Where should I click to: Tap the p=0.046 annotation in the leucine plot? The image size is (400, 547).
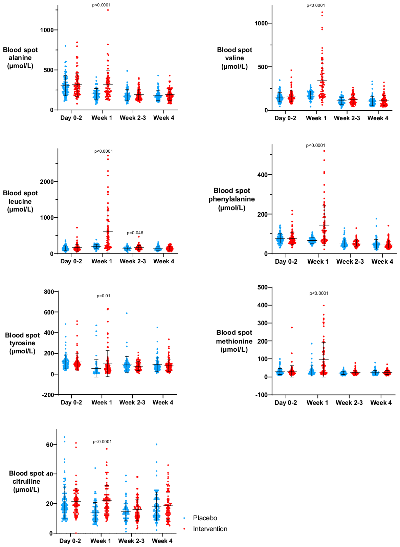(135, 233)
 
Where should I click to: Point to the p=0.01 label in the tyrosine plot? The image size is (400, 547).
(103, 296)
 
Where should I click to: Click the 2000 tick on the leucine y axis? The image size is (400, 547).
(47, 182)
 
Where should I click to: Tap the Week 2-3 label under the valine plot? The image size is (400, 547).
(347, 118)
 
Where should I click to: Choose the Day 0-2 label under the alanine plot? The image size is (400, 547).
(71, 118)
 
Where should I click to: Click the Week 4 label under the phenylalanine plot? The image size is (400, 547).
(382, 262)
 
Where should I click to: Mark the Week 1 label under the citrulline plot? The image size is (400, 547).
(101, 541)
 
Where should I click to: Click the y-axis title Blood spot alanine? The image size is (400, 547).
(20, 58)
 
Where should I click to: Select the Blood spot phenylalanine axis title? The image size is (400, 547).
(231, 199)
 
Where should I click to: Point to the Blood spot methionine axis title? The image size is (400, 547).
(234, 341)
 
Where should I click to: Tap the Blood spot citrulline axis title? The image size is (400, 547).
(26, 481)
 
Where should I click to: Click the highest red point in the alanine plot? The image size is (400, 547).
(108, 10)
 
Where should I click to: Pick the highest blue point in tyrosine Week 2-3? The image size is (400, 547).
(127, 313)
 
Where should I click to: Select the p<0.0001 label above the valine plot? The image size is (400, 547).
(316, 5)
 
